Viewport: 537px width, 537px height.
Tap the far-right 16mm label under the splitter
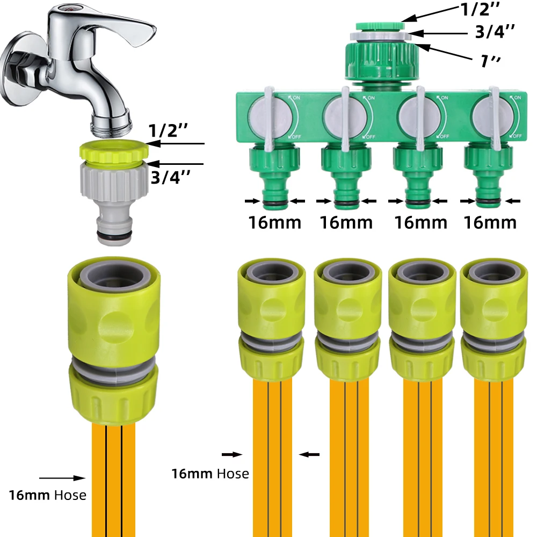tap(490, 222)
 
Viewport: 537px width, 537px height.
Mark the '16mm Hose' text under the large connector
tap(47, 495)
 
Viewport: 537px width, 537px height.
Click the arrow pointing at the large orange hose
tap(62, 477)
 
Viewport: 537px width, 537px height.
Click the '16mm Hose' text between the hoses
tap(210, 474)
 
